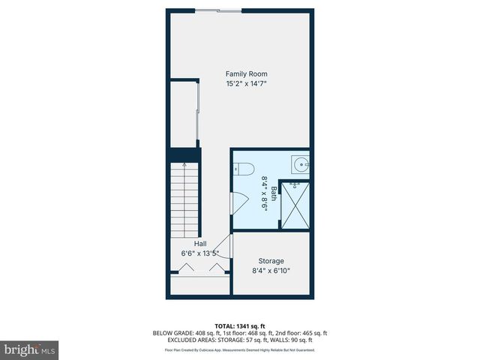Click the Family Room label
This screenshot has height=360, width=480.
tap(247, 73)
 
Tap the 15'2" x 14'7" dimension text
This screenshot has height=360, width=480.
tap(247, 84)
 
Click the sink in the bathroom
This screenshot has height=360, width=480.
tap(301, 163)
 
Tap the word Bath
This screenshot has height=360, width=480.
tap(274, 193)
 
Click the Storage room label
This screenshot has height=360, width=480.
tap(271, 260)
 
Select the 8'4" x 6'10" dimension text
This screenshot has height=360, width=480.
tap(271, 271)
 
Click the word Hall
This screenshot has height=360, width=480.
tap(200, 244)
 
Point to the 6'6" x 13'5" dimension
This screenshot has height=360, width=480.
tap(200, 253)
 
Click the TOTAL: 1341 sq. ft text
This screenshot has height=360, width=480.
tap(240, 325)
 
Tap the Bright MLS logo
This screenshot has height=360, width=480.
tap(29, 349)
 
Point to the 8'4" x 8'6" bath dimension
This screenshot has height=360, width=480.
tap(264, 193)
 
